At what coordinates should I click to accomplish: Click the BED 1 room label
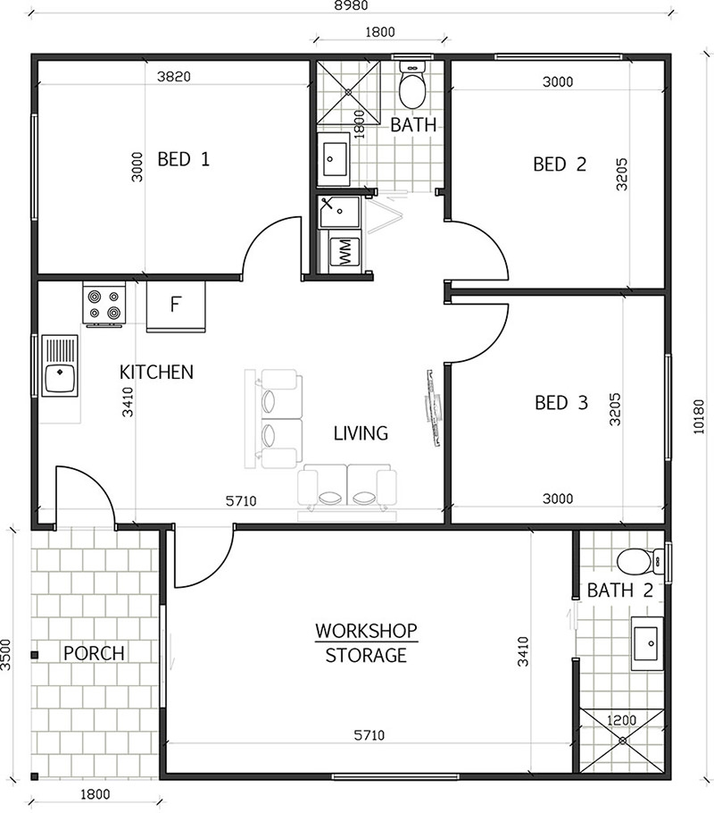[183, 160]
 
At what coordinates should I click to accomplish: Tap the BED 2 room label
[560, 164]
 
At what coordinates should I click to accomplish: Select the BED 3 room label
[560, 403]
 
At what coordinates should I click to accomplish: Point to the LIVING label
[361, 434]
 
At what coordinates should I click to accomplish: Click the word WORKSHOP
[366, 631]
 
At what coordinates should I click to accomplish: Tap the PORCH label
[94, 653]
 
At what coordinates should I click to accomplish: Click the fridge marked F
[176, 305]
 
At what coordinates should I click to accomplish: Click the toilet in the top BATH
[412, 87]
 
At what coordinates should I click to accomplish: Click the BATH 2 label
[619, 591]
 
